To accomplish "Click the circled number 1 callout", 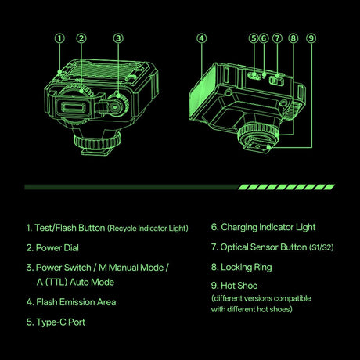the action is tap(59, 38).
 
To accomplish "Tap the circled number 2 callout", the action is tap(81, 38).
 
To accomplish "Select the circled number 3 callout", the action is tap(118, 38).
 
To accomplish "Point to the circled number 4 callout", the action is tap(201, 38).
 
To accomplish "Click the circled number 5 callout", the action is tap(254, 38).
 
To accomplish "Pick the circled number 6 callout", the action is tap(264, 38).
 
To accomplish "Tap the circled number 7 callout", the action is tap(277, 38).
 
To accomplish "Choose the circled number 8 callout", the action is tap(293, 38).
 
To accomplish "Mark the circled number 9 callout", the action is tap(311, 38).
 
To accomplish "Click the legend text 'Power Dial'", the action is tap(57, 248).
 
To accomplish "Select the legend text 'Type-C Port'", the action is tap(60, 322).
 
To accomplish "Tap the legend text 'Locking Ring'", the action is tap(247, 268).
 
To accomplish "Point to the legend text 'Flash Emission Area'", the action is tap(76, 302).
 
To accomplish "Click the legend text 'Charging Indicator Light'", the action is tap(268, 227).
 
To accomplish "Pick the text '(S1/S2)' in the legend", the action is tap(322, 247).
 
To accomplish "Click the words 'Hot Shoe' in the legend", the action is tap(239, 286).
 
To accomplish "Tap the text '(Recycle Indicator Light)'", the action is tap(148, 229).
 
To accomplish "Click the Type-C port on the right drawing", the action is tap(254, 76).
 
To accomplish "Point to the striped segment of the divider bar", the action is tap(286, 187).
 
